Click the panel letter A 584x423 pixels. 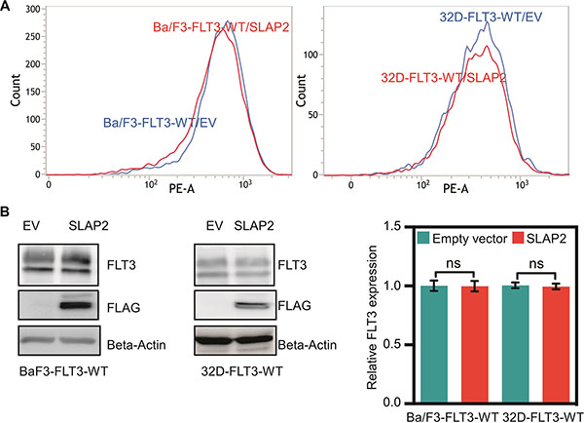point(8,8)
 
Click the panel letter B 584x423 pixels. point(8,211)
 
